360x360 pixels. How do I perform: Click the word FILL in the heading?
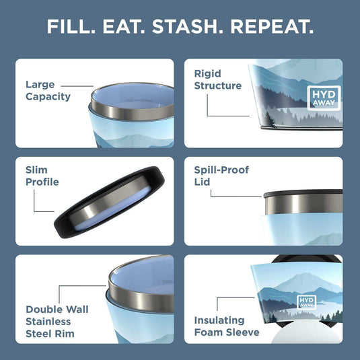(69, 28)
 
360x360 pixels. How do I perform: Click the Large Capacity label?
(48, 90)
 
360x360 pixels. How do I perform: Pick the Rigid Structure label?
(217, 79)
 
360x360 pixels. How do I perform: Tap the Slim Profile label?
(42, 176)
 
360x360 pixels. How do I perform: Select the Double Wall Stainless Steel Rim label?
(57, 320)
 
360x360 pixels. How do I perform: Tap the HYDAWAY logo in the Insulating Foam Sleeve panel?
(306, 303)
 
